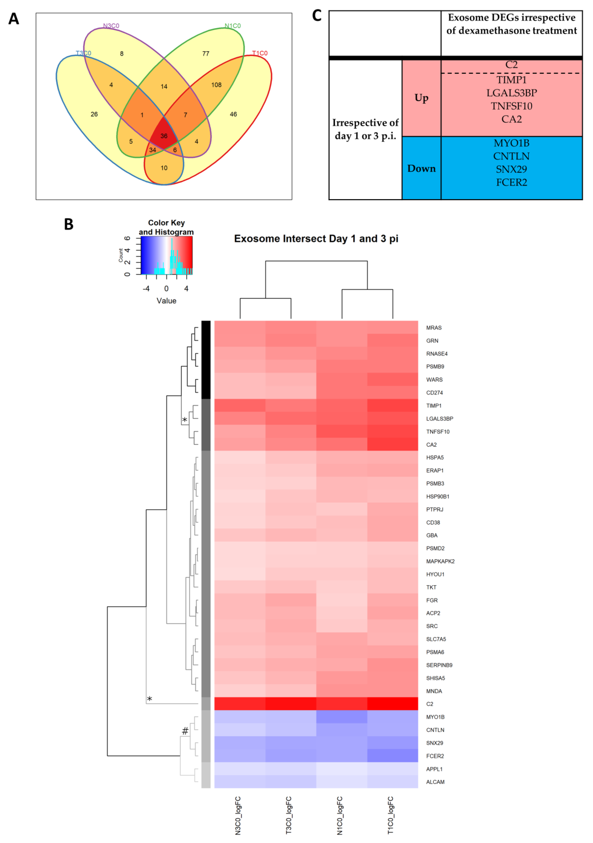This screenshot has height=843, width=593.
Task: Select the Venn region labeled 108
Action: tap(216, 85)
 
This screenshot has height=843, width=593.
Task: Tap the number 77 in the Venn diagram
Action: tap(205, 54)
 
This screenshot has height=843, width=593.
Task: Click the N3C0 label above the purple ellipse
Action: tap(111, 26)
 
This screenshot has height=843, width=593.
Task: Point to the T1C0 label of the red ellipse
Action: tap(260, 53)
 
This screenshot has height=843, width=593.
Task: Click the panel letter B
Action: tap(69, 224)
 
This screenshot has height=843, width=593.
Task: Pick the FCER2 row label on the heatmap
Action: tap(435, 756)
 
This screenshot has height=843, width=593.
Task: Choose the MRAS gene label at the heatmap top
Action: tap(434, 328)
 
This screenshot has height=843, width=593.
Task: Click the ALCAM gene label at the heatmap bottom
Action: tap(435, 782)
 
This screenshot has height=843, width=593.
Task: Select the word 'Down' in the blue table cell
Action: tap(421, 169)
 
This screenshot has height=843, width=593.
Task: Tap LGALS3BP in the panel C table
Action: tap(511, 93)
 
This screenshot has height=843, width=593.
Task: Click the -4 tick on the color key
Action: tap(146, 289)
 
